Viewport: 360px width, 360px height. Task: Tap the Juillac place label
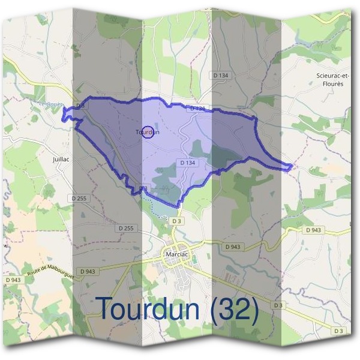point(62,160)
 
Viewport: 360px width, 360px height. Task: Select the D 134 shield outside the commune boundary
point(221,74)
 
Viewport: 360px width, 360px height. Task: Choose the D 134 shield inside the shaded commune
point(188,163)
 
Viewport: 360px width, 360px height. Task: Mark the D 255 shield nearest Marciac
point(126,228)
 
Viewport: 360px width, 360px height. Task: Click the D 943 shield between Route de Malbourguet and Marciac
point(86,271)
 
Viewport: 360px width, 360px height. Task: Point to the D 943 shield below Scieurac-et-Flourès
point(313,230)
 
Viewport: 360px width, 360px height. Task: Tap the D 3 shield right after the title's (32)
point(277,305)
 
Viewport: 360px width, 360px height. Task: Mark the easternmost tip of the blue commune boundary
point(293,166)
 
